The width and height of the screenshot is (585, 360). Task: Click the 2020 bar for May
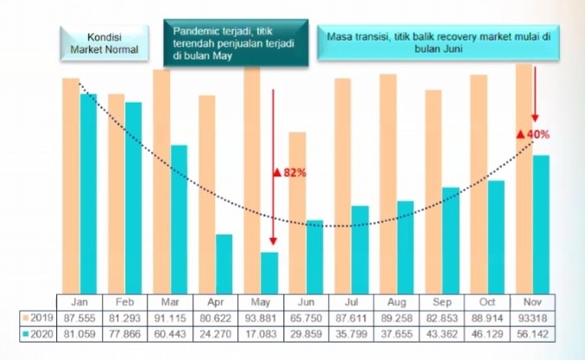coord(269,271)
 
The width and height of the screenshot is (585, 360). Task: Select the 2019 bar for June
coord(297,212)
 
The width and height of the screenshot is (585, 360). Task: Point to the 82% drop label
coord(290,173)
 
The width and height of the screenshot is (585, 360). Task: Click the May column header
coord(261,301)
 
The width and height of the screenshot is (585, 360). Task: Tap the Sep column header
coord(442,301)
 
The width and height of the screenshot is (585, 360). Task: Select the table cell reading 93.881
coord(261,318)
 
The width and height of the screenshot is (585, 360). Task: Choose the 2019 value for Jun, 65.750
coord(305,318)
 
